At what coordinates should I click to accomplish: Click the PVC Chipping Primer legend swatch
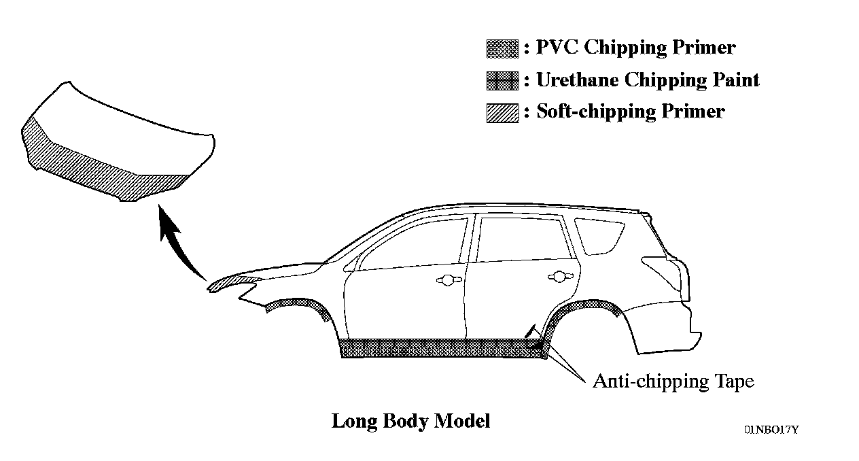(x=503, y=48)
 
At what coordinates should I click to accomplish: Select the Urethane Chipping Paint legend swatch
(x=503, y=81)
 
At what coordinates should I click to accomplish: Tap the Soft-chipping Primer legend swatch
(x=503, y=113)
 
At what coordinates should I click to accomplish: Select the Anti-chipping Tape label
(x=673, y=381)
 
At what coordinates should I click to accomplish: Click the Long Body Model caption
(x=410, y=421)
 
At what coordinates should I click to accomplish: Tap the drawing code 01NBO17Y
(x=771, y=430)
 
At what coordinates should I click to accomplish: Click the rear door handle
(x=559, y=276)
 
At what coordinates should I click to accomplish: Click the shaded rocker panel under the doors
(x=442, y=348)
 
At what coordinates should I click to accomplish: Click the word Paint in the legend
(x=733, y=80)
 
